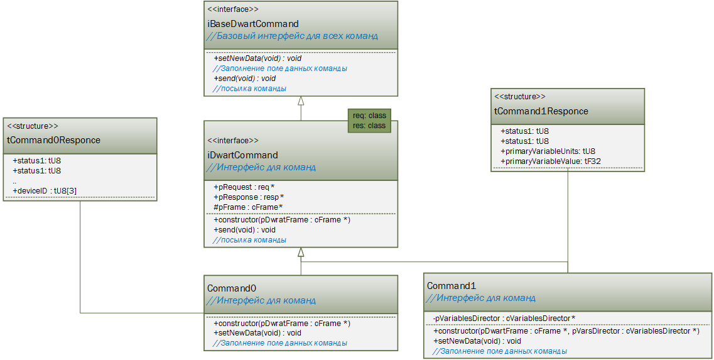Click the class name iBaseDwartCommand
pos(253,24)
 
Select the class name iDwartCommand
pos(242,155)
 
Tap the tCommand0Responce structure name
pos(53,140)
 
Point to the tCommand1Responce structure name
pos(541,111)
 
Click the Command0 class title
pos(232,288)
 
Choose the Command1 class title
pos(448,285)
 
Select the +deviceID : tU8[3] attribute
pos(45,190)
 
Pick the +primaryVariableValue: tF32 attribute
pos(549,161)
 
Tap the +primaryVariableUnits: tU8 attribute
pos(548,151)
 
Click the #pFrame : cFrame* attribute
pos(247,207)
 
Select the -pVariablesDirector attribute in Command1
pos(504,318)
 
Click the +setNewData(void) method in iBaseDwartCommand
pos(257,58)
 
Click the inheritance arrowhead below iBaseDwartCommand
pos(301,101)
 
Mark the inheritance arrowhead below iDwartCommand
pos(301,253)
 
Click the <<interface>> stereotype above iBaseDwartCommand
pos(233,9)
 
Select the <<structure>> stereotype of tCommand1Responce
pos(520,97)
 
